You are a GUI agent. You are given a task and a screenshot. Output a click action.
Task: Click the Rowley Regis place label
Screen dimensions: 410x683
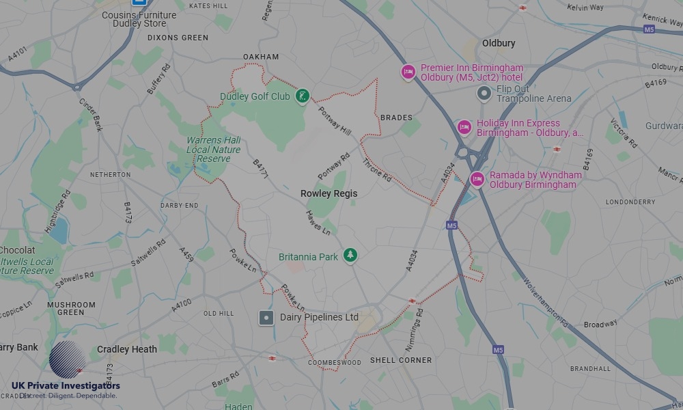(x=329, y=193)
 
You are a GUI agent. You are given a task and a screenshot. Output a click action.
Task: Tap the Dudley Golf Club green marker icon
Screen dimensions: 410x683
(x=302, y=96)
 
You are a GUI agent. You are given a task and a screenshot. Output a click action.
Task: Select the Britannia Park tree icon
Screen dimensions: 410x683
(x=350, y=255)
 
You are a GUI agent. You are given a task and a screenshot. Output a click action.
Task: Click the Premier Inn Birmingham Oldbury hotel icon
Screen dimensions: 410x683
(x=408, y=72)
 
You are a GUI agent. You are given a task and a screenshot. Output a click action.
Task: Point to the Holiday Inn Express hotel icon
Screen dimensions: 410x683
(x=464, y=127)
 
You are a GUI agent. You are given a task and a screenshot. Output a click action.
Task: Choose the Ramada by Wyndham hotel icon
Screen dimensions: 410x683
(x=477, y=179)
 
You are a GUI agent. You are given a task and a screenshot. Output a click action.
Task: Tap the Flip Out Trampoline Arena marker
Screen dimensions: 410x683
(x=484, y=93)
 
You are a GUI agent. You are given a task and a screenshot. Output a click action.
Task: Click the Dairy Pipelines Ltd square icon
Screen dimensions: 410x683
(x=266, y=318)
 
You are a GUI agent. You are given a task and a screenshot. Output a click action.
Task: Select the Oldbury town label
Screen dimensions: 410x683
(x=499, y=43)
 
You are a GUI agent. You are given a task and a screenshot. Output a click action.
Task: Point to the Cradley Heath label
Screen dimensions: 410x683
(x=127, y=349)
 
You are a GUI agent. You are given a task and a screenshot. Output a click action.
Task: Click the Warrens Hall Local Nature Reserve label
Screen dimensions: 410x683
(x=213, y=149)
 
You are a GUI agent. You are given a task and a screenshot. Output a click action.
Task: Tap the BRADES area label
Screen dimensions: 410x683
(x=396, y=118)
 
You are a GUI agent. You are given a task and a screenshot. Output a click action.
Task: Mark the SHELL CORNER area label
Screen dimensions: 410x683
(x=401, y=360)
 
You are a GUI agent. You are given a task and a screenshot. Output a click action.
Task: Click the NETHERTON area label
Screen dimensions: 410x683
(x=110, y=175)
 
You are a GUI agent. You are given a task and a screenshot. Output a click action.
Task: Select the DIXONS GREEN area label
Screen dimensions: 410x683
(x=178, y=38)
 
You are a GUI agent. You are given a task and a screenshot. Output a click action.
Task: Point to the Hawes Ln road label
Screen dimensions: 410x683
(x=318, y=223)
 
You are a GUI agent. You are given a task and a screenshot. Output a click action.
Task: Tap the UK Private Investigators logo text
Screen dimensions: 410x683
(x=66, y=387)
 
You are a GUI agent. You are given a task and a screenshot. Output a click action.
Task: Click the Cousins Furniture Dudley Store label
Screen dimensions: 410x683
(x=139, y=19)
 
